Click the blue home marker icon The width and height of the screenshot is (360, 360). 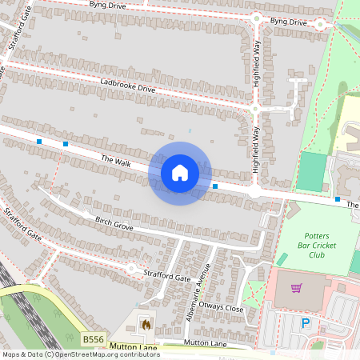click(x=180, y=173)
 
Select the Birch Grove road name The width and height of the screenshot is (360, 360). click(x=114, y=222)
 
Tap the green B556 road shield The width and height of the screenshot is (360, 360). click(x=93, y=340)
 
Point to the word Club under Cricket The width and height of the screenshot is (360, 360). click(x=317, y=254)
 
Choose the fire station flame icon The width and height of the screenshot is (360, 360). click(x=146, y=325)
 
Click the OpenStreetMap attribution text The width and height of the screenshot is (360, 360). click(x=80, y=354)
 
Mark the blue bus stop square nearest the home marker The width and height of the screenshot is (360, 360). click(x=215, y=186)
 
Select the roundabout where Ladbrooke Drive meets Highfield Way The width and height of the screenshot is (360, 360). click(x=255, y=108)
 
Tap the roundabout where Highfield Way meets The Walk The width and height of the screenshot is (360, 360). click(x=254, y=192)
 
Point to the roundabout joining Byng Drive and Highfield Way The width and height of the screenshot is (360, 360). click(x=257, y=18)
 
